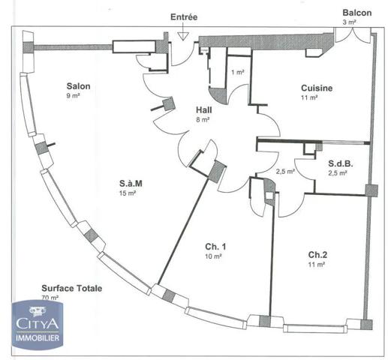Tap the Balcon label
point(356,13)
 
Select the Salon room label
point(78,86)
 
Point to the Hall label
point(203,109)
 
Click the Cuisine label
point(317,88)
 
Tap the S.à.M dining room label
point(132,183)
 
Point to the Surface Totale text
point(72,288)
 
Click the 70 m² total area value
point(50,298)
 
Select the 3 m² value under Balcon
point(349,22)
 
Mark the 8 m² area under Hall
point(203,118)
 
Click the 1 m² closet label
point(237,72)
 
